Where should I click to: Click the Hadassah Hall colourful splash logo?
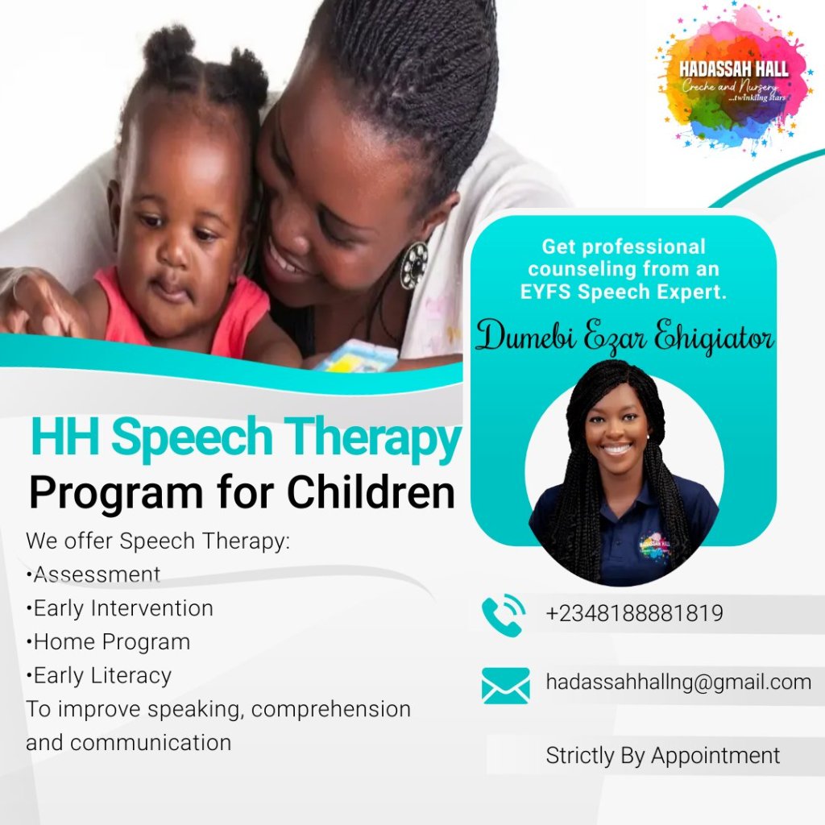tap(733, 80)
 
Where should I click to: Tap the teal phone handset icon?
tap(503, 615)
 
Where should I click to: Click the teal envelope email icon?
tap(506, 686)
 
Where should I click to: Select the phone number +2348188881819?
tap(635, 613)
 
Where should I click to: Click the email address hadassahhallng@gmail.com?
tap(678, 682)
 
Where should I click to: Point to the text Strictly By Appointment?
tap(663, 756)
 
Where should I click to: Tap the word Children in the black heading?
tap(371, 492)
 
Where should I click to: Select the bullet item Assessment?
tap(93, 574)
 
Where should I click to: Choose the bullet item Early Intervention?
tap(120, 608)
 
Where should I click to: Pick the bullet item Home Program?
tap(109, 642)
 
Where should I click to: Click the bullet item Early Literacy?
tap(99, 676)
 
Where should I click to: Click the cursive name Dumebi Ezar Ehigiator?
tap(624, 335)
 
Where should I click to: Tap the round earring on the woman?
tap(414, 265)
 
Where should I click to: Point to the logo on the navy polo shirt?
tap(654, 549)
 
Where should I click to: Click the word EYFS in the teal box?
tap(545, 292)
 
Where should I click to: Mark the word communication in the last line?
tap(151, 743)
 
